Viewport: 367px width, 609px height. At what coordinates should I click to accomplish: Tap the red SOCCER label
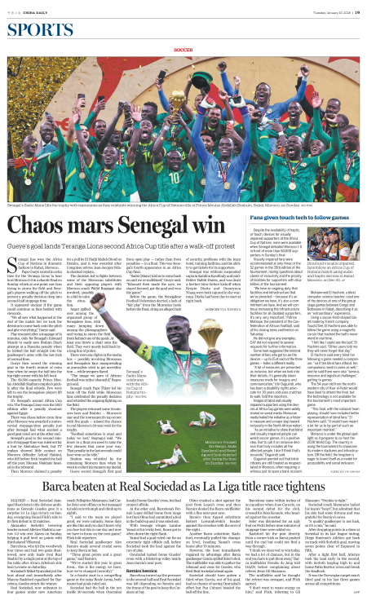(183, 33)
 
